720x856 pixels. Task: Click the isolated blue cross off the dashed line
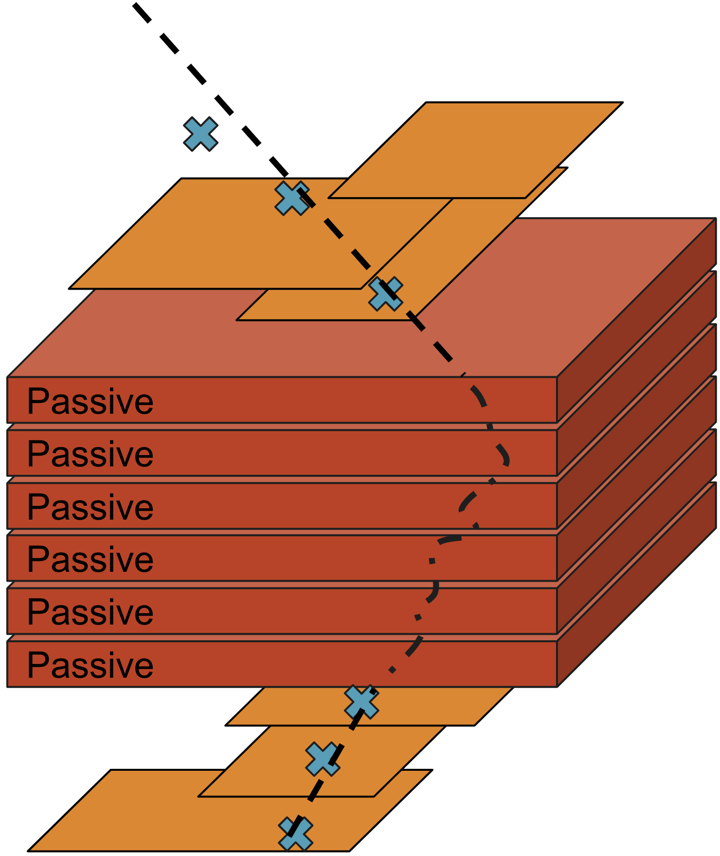(200, 134)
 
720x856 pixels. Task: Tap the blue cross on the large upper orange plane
(292, 198)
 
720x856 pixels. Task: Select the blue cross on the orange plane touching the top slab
(386, 294)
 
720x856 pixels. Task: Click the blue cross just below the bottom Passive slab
(361, 702)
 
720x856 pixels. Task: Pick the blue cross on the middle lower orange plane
(323, 759)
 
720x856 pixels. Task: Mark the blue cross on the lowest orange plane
(295, 834)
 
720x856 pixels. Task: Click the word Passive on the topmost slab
(90, 401)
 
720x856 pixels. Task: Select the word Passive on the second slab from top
(90, 454)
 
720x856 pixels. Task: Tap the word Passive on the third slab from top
(90, 507)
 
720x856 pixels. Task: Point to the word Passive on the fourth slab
(90, 560)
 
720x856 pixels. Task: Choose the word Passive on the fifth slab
(90, 612)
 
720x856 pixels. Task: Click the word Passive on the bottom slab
(90, 665)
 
